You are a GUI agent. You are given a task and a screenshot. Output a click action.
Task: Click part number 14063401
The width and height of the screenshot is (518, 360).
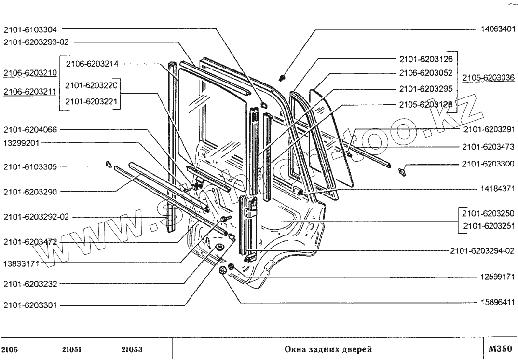497,29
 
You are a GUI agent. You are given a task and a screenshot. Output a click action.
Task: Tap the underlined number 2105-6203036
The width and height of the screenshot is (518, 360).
488,77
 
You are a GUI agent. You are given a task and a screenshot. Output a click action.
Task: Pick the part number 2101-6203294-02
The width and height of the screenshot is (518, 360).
482,250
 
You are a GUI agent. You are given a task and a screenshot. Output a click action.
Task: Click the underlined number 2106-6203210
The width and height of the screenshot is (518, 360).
30,73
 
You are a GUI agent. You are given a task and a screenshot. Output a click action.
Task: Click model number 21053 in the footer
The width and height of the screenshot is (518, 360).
131,349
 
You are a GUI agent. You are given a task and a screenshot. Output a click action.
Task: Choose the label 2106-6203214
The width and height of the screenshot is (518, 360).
92,64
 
